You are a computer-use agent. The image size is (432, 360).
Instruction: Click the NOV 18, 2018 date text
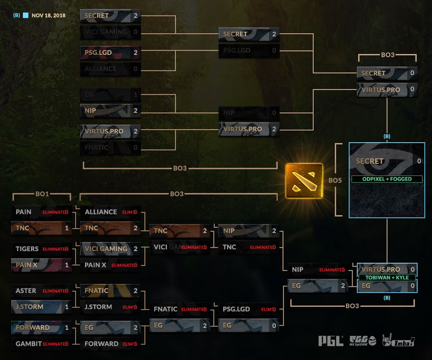pos(49,15)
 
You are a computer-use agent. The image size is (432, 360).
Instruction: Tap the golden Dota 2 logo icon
pos(304,181)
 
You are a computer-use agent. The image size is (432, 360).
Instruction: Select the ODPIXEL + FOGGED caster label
pos(387,179)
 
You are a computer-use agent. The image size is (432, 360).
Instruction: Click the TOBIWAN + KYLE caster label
pos(386,277)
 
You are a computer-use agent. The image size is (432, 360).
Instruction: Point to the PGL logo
pos(331,341)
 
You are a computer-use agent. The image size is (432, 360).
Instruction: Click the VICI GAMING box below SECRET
pos(111,32)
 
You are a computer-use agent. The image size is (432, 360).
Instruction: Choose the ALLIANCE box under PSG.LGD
pos(111,69)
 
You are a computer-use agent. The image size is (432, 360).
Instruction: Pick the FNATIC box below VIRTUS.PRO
pos(111,147)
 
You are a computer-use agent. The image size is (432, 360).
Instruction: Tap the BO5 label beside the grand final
pos(335,180)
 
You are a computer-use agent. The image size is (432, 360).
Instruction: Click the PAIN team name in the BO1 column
pos(23,212)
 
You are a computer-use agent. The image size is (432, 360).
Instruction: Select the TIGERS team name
pos(27,249)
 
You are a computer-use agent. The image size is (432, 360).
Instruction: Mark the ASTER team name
pos(26,291)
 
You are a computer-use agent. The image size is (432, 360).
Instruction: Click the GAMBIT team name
pos(29,344)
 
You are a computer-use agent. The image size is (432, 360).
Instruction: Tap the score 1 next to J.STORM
pos(67,307)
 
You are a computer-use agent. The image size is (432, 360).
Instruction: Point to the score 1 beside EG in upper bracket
pos(136,94)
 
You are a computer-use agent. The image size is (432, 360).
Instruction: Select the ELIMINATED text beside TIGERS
pos(55,249)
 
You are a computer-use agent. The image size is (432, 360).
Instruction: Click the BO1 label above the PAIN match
pos(42,194)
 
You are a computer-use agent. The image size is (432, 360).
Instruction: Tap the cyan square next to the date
pos(26,15)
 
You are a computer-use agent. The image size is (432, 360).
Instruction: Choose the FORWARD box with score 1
pos(41,328)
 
